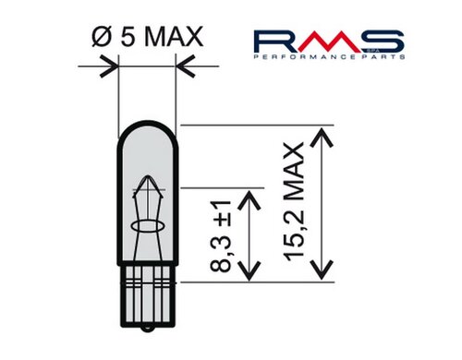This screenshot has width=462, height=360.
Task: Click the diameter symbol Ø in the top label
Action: (102, 36)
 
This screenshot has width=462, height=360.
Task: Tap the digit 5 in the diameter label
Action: (128, 36)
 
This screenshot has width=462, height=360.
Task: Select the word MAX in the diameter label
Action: (174, 36)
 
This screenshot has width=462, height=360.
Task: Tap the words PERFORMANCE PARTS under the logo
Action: (329, 57)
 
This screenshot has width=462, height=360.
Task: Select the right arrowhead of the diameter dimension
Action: (185, 66)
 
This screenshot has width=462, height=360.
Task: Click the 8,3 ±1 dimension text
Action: (221, 236)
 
